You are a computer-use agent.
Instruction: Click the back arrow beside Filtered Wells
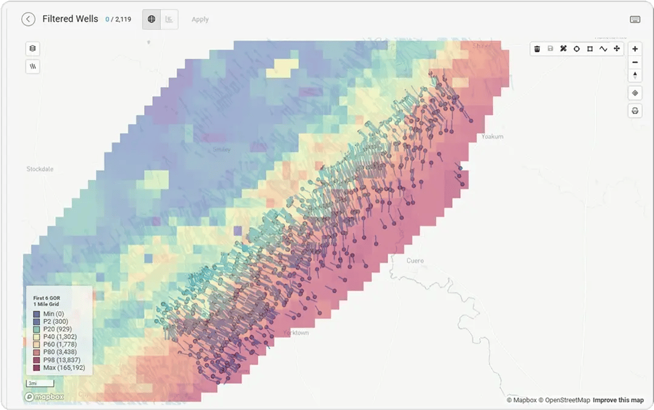tap(28, 19)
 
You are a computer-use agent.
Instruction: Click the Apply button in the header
tap(200, 19)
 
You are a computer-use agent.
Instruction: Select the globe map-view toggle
tap(152, 19)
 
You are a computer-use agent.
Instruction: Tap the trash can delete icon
tap(537, 48)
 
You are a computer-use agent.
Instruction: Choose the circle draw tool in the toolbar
tap(576, 48)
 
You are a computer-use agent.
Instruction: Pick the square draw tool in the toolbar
tap(590, 48)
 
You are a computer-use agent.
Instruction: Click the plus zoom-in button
tap(635, 48)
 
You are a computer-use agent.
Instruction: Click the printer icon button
tap(635, 111)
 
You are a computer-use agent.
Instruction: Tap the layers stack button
tap(33, 48)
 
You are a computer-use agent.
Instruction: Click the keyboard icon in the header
tap(635, 19)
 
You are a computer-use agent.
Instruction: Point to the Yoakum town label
tap(492, 137)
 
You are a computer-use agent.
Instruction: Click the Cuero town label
tap(415, 260)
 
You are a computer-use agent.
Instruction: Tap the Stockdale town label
tap(40, 169)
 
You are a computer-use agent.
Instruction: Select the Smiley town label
tap(221, 150)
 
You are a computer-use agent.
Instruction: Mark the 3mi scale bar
tap(39, 383)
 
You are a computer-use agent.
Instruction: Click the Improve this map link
tap(618, 400)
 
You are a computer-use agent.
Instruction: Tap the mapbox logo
tap(44, 397)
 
